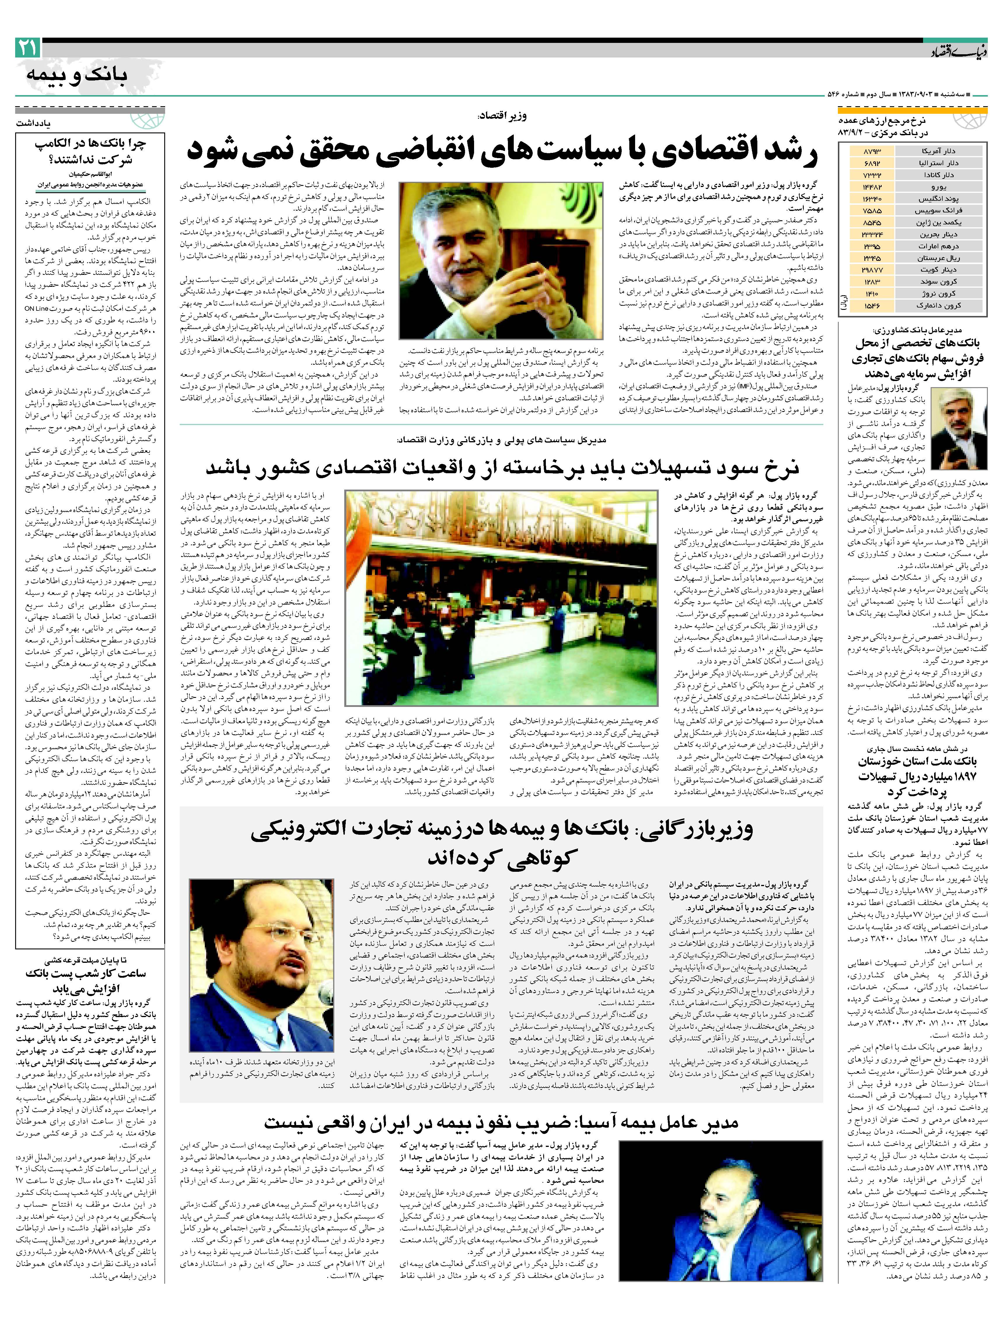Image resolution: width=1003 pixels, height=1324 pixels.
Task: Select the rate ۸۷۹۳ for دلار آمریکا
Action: point(872,151)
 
